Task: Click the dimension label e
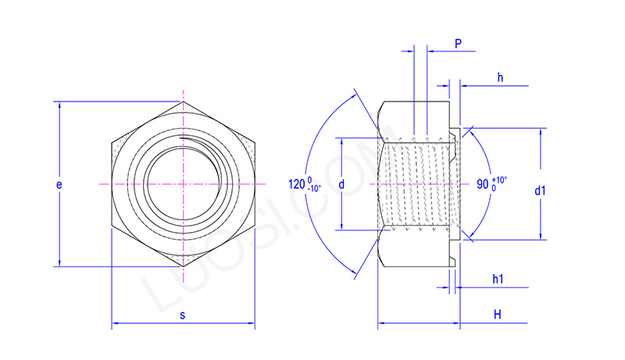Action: (x=59, y=185)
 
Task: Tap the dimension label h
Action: (x=499, y=77)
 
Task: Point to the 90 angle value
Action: (x=482, y=185)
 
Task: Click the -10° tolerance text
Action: (x=314, y=189)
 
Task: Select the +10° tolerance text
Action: (x=500, y=180)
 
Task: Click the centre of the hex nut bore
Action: (x=184, y=184)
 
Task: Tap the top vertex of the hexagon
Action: (x=184, y=102)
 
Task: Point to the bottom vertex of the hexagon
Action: (x=184, y=267)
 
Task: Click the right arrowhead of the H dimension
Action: (x=455, y=322)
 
